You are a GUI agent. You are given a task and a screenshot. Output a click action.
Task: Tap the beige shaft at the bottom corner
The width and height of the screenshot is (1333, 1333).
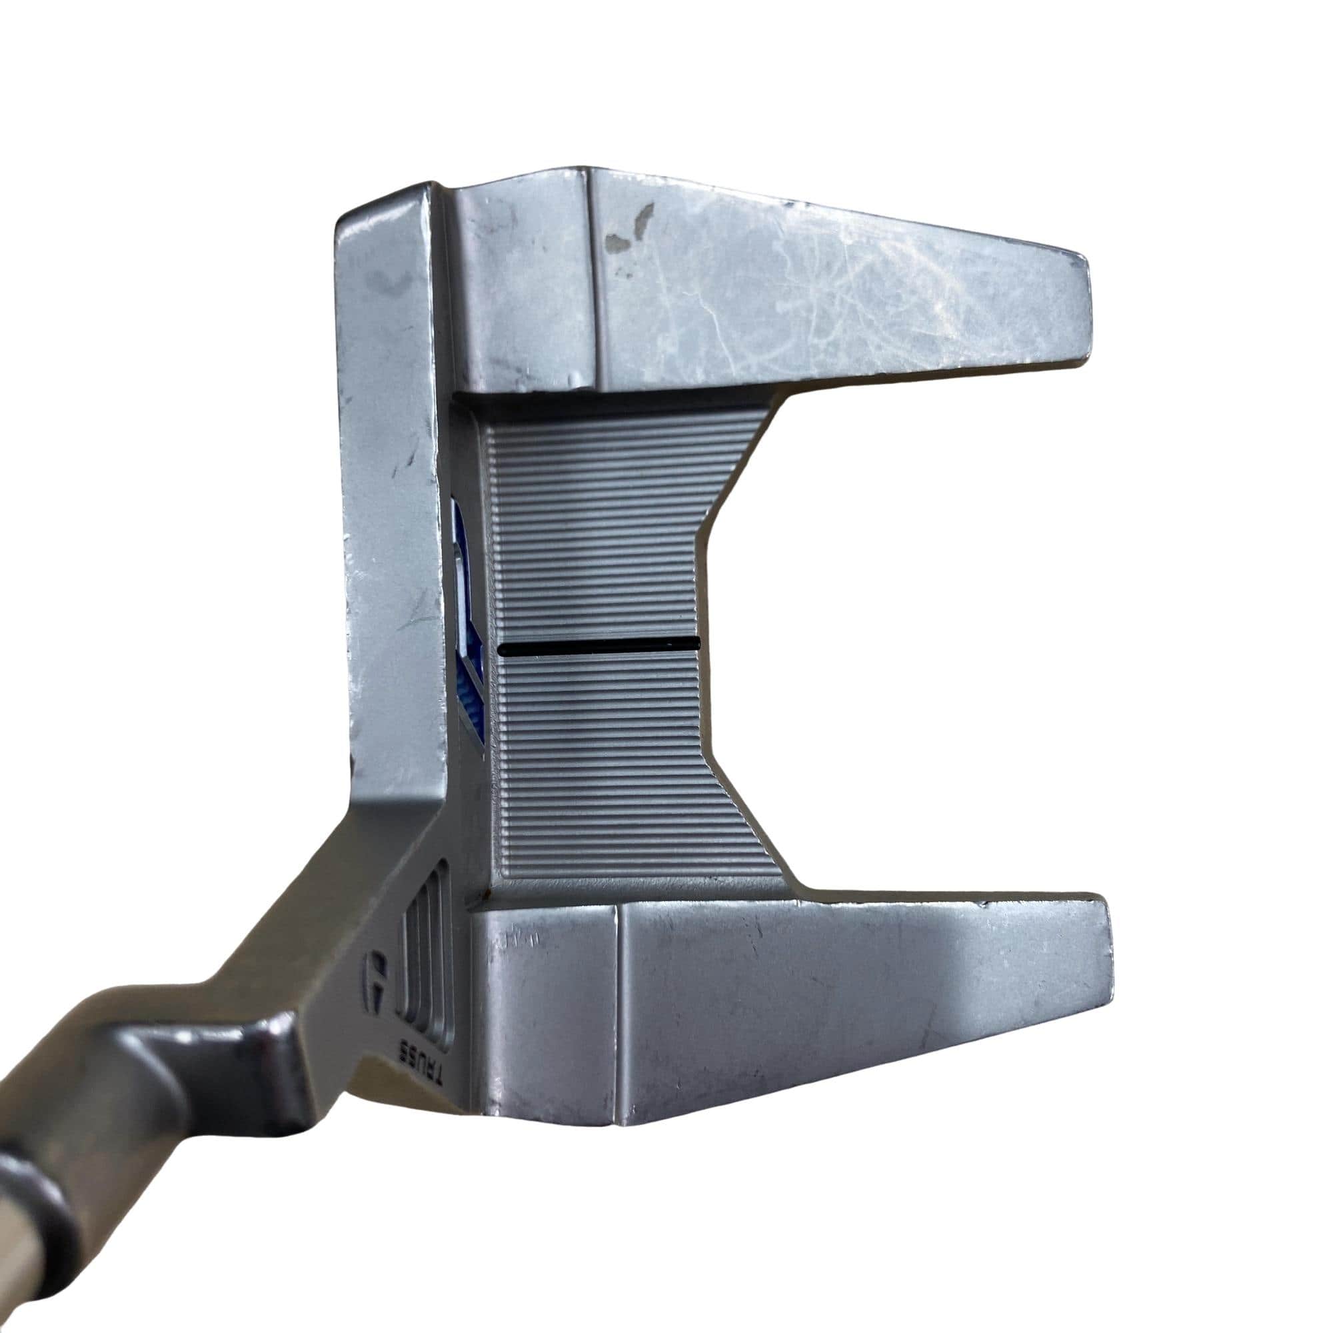pos(27,1270)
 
